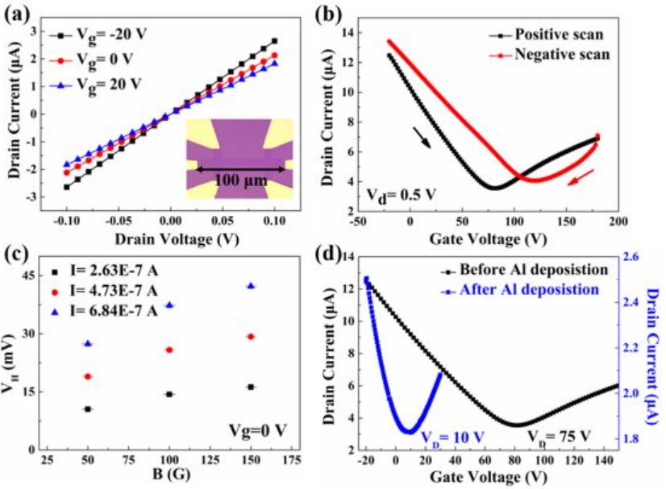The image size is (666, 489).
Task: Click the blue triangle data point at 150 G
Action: click(x=251, y=286)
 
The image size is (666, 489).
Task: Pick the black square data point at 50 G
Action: click(x=87, y=409)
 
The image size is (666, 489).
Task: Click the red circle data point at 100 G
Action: click(x=169, y=350)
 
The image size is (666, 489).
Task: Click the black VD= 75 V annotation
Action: click(x=560, y=437)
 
